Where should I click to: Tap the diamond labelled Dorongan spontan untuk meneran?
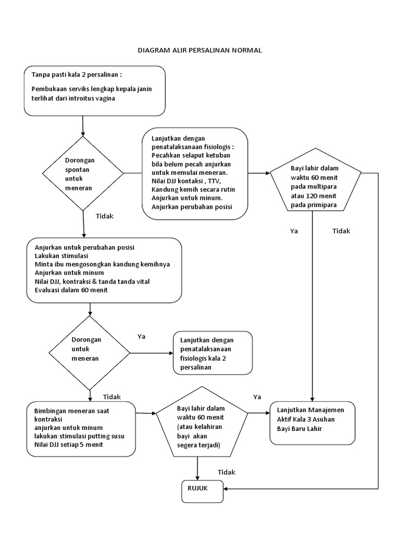pos(83,173)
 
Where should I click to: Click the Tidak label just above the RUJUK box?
pos(226,472)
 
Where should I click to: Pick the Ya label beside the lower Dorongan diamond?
pos(141,336)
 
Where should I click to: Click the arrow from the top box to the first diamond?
pos(83,126)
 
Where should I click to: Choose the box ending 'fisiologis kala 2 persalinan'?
pos(213,353)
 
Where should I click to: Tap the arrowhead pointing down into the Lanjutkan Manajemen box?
pos(312,398)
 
